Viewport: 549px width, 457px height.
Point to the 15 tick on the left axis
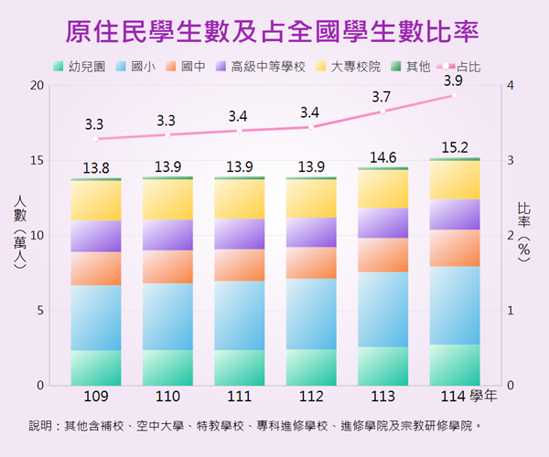click(x=37, y=160)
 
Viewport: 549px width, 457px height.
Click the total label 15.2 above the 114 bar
click(x=455, y=146)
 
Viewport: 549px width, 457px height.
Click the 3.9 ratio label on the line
click(x=452, y=81)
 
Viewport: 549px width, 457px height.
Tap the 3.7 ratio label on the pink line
click(x=382, y=97)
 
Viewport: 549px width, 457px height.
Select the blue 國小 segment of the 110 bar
click(x=167, y=316)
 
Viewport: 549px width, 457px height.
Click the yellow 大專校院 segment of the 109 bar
click(x=95, y=200)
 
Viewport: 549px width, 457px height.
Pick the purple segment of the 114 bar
click(x=455, y=214)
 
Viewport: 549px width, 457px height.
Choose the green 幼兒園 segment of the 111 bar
click(x=239, y=367)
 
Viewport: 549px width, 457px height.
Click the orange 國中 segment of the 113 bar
click(x=382, y=255)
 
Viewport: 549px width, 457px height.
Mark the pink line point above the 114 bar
click(x=455, y=95)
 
